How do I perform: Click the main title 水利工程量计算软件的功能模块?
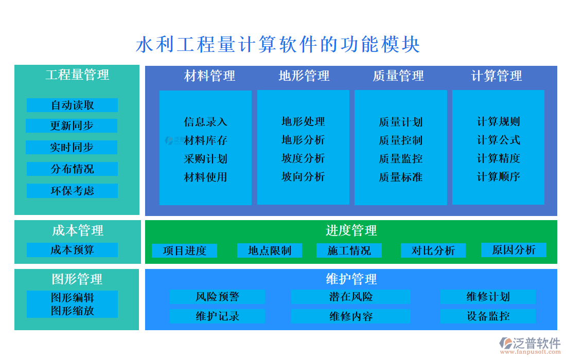click(x=278, y=45)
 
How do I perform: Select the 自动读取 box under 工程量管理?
click(x=72, y=105)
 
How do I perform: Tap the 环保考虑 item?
click(x=72, y=191)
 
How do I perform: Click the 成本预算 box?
click(x=72, y=250)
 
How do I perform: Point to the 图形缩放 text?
click(x=72, y=311)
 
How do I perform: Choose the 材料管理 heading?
click(x=209, y=76)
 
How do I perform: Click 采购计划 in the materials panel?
click(x=205, y=158)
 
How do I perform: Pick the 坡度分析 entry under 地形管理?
click(x=303, y=158)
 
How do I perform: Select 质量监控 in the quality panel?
click(x=400, y=158)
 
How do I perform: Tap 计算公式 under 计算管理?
click(x=498, y=140)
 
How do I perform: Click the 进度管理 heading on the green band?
click(x=351, y=230)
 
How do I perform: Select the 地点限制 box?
click(x=269, y=250)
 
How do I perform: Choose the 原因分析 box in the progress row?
click(x=513, y=250)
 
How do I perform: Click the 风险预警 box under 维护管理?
click(x=217, y=297)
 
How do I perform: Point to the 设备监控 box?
click(x=488, y=316)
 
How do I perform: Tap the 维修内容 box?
click(x=351, y=316)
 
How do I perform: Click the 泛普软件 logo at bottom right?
click(x=530, y=344)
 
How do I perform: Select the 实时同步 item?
click(x=72, y=147)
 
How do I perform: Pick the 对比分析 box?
click(x=433, y=250)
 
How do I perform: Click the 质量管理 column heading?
click(x=398, y=76)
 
